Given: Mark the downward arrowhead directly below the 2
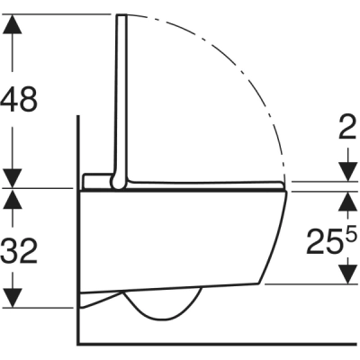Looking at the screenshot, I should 346,171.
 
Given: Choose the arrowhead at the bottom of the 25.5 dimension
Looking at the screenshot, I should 346,275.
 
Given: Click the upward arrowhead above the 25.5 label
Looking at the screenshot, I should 346,198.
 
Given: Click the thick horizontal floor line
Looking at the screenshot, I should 216,343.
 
